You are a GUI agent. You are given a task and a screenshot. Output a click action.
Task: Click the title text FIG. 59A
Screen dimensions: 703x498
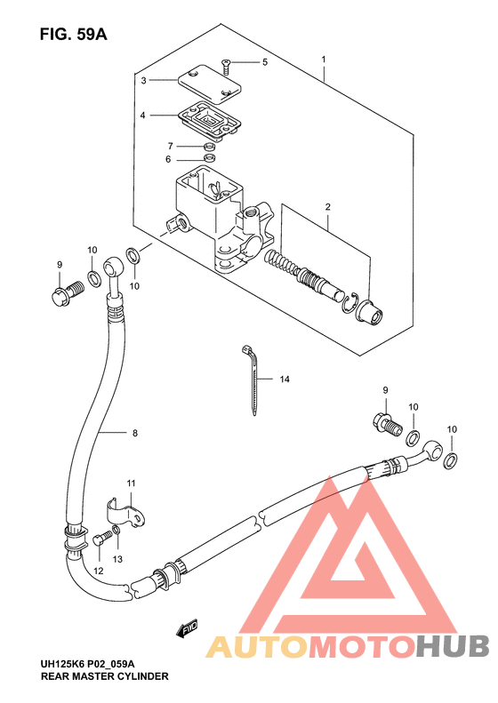[73, 35]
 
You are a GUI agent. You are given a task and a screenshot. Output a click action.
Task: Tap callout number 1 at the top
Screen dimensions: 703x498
[325, 60]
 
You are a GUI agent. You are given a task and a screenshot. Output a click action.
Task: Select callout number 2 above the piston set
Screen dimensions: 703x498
[327, 207]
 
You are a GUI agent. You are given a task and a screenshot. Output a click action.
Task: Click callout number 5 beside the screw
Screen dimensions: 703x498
[264, 62]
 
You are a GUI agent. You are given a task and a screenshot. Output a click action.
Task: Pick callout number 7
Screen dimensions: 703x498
[169, 145]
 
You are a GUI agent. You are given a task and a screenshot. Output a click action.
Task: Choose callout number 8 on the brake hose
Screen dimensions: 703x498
[134, 434]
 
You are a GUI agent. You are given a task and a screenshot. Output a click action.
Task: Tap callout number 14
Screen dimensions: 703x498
[285, 379]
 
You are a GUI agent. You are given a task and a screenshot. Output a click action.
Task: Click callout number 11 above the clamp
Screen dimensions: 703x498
[130, 483]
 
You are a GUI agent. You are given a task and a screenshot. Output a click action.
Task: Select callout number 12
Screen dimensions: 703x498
[99, 571]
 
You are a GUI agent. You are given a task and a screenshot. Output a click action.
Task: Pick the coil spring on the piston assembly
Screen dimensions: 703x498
[283, 264]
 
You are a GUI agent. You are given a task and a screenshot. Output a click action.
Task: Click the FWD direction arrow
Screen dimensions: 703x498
[186, 629]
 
